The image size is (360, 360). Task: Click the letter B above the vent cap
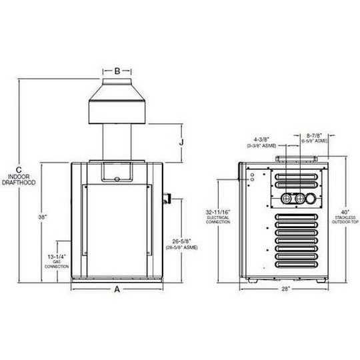pos(117,69)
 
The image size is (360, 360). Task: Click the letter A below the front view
pos(117,289)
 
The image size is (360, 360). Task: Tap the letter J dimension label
pos(182,141)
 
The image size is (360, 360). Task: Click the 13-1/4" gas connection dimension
pos(57,255)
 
